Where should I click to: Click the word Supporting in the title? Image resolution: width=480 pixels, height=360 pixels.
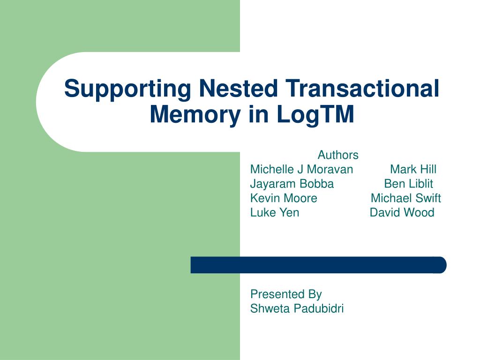[127, 89]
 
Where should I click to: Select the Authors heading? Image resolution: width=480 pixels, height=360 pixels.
[338, 155]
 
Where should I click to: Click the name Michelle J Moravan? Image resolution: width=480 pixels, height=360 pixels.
[301, 169]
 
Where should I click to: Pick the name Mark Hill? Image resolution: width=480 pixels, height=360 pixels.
[413, 169]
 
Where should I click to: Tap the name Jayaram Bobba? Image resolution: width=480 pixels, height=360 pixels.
[292, 184]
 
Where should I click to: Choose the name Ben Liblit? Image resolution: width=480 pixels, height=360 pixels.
[408, 184]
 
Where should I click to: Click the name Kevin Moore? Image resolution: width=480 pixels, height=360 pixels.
[284, 198]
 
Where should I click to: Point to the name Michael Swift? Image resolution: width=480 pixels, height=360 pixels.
[405, 198]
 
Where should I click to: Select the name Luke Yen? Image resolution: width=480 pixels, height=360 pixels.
[275, 213]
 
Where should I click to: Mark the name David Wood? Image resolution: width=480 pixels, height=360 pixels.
[402, 213]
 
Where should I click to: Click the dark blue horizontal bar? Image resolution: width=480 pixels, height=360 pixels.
[318, 265]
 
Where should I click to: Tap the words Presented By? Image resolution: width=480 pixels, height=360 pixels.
[286, 294]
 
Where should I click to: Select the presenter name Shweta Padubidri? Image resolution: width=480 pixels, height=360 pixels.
[297, 308]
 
